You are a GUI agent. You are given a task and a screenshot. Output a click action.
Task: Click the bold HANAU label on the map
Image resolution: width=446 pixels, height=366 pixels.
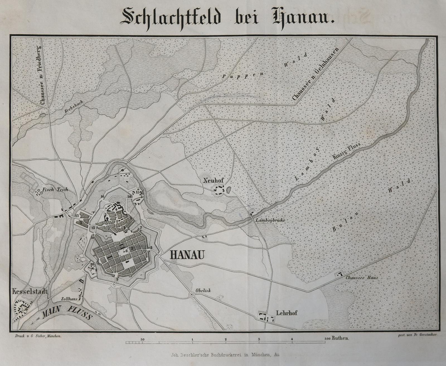(187, 255)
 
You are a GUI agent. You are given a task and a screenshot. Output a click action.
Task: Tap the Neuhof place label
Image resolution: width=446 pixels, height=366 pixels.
(214, 180)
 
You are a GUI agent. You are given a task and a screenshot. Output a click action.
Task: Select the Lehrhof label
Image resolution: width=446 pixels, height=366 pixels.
(286, 313)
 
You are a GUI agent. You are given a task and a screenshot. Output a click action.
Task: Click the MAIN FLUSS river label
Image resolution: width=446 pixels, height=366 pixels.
(67, 314)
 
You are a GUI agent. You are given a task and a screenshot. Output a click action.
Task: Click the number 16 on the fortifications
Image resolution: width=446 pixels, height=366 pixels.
(103, 197)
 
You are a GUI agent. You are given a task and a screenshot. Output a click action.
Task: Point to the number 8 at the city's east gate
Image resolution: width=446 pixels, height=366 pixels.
(151, 247)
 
